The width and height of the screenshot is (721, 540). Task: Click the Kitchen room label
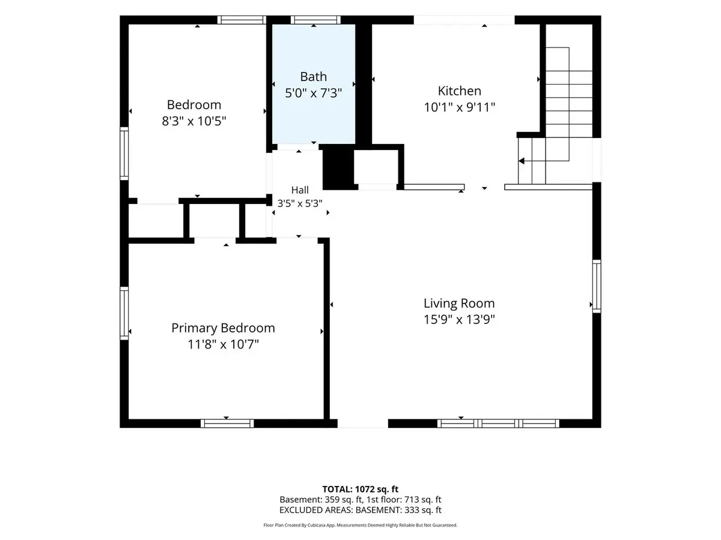tap(459, 91)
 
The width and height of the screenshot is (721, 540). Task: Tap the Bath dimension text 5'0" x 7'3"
tap(314, 93)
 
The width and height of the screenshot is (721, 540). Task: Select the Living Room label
tap(459, 303)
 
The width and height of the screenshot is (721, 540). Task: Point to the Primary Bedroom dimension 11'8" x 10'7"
tap(223, 344)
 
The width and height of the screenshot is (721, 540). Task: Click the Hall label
tap(300, 190)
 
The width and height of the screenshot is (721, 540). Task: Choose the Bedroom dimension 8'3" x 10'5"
tap(194, 121)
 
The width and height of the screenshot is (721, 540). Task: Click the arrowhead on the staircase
tap(522, 161)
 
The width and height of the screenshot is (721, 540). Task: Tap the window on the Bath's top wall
tap(315, 20)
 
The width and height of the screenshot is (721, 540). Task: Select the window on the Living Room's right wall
tap(597, 286)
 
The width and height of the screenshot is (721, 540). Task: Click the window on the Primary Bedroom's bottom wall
tap(227, 423)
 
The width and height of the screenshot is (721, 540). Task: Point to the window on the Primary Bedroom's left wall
tap(124, 313)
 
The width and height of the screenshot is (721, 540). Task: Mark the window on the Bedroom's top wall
tap(242, 20)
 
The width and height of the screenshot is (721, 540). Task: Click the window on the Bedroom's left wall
tap(124, 154)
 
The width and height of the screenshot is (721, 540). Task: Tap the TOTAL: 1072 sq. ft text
tap(360, 489)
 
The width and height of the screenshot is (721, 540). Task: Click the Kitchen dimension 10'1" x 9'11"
tap(459, 107)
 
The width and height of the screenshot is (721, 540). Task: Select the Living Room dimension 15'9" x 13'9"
tap(459, 319)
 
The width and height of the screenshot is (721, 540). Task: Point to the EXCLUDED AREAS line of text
tap(360, 510)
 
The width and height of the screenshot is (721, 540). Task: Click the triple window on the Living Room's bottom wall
tap(498, 423)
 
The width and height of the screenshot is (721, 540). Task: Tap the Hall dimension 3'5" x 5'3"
tap(300, 203)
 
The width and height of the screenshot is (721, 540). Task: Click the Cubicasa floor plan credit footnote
tap(360, 525)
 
